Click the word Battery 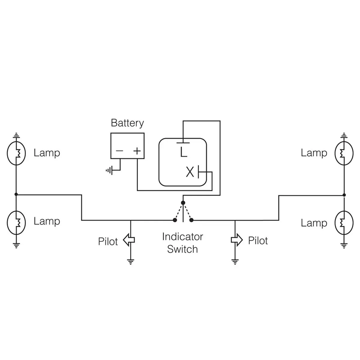(127, 123)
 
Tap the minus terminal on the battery (119, 151)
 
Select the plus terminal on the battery (137, 151)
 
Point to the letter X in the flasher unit (190, 172)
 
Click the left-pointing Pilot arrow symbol (129, 240)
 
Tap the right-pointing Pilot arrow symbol (236, 240)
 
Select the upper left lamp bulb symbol (16, 153)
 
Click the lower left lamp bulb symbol (16, 222)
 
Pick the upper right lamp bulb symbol (344, 153)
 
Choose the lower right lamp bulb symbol (344, 222)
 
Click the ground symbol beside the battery (109, 171)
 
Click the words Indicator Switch (182, 243)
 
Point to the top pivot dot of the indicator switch (183, 203)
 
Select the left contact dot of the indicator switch (175, 220)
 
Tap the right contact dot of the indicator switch (192, 220)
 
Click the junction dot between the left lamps (16, 194)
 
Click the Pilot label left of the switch (108, 241)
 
